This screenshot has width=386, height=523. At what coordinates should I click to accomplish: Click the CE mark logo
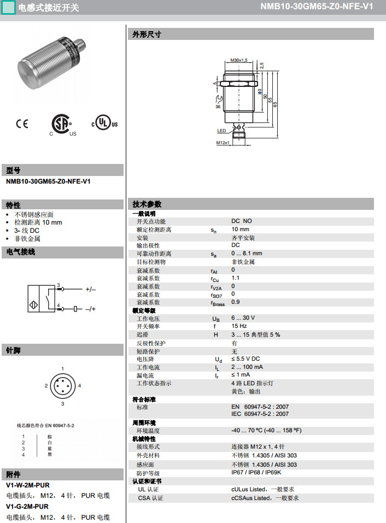coord(22,124)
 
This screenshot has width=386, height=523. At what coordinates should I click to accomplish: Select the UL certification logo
coord(104,123)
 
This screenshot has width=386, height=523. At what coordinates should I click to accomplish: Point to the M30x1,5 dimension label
coord(239,60)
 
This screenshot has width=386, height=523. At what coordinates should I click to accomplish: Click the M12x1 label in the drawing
coord(223,143)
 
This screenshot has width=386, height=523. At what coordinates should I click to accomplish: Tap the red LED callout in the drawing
coord(221,131)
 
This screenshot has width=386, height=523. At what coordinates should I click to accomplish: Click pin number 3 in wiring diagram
coord(59,285)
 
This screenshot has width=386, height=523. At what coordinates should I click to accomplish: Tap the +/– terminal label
coord(90,289)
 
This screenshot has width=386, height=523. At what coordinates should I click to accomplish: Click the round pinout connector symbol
coord(63,386)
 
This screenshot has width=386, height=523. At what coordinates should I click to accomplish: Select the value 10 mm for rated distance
coord(240,230)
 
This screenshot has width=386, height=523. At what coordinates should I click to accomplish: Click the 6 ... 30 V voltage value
coord(243,318)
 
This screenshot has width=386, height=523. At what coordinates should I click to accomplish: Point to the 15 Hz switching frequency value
coord(239,326)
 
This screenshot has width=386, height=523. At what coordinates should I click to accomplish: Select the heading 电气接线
coord(21,252)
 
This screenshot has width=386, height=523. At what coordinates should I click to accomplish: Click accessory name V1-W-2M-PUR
coord(27,485)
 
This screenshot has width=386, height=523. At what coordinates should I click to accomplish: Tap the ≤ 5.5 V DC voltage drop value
coord(245,359)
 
